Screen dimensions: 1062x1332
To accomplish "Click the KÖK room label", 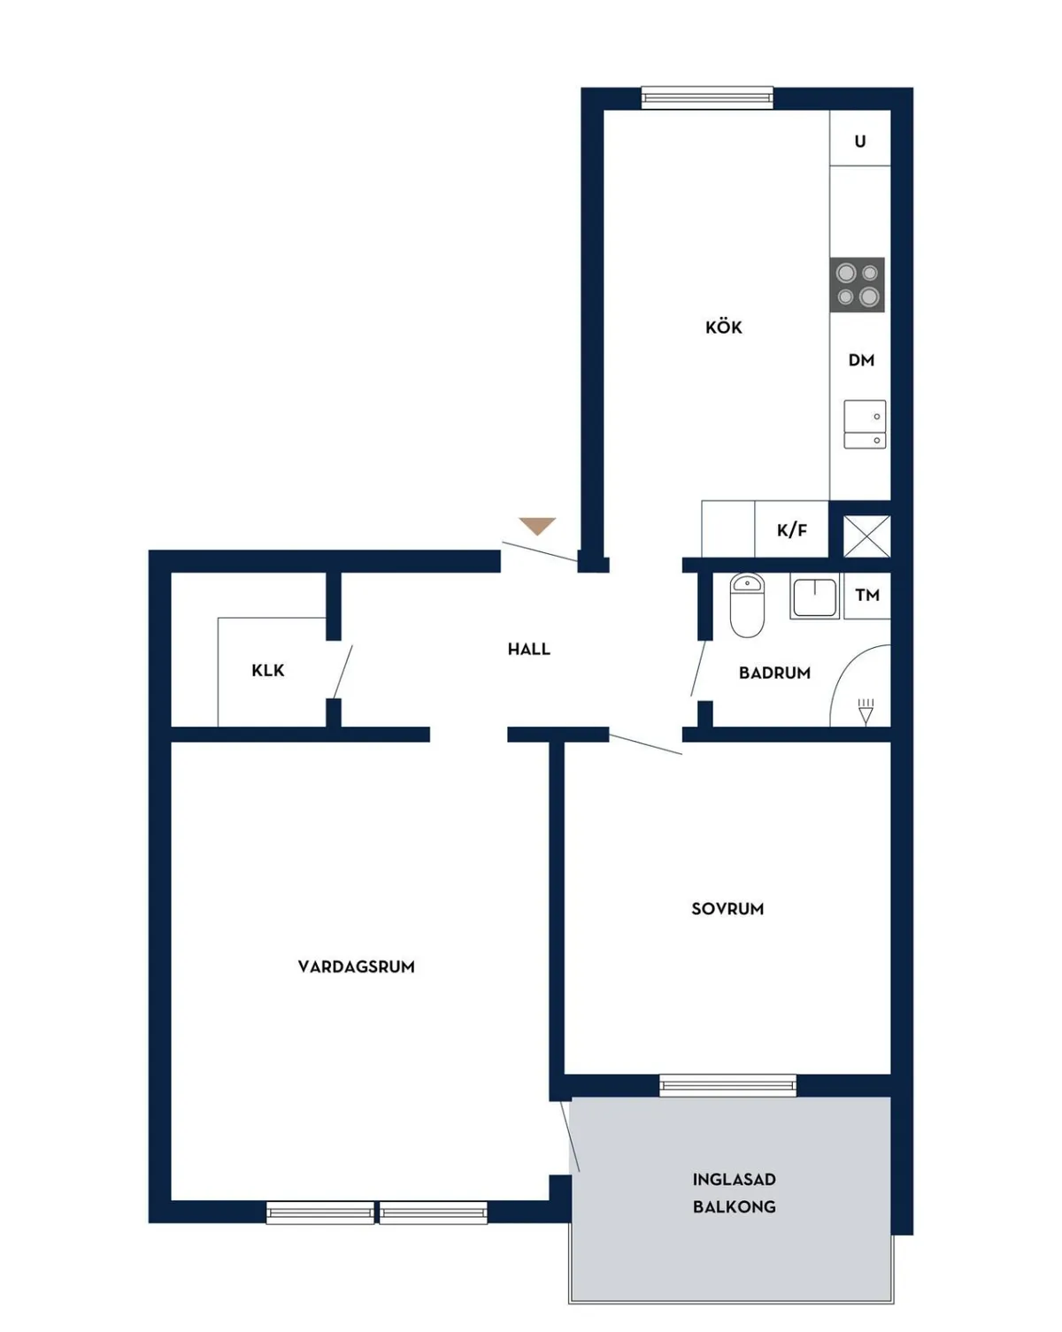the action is point(723,327).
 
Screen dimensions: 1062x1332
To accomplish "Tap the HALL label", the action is point(528,649).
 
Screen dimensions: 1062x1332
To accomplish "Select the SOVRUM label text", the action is point(727,909).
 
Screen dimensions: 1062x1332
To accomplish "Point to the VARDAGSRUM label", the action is point(356,966).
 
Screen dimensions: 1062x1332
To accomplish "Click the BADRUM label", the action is point(774,673).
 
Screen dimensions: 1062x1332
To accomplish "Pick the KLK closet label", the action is point(268,670).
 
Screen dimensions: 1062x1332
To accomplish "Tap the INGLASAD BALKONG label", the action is point(734,1193).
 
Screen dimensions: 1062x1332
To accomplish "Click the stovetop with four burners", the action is point(857,285).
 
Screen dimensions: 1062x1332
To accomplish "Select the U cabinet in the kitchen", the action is point(859,138).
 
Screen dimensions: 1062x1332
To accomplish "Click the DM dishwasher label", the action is point(861,359).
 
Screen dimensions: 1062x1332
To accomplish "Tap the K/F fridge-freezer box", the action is point(791,528).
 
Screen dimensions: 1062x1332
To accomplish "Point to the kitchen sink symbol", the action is point(865,424).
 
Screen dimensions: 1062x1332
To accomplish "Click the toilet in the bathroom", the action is point(747,604).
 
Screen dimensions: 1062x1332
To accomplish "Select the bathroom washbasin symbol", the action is point(814,596).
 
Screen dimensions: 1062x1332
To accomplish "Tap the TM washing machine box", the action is point(867,596).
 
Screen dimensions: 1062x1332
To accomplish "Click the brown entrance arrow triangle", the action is point(537,526).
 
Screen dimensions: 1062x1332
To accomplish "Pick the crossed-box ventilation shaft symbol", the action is point(867,535).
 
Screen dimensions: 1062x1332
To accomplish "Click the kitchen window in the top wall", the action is point(707,97).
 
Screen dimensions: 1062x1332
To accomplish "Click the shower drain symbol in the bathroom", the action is point(866,712).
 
